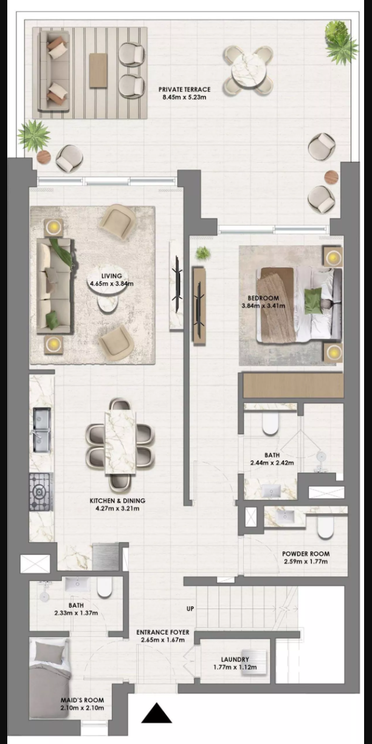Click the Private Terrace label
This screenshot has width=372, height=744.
click(184, 89)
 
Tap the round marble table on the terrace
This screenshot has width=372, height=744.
click(249, 70)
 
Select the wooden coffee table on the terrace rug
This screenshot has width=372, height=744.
click(98, 70)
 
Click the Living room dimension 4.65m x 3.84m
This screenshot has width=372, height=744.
click(112, 284)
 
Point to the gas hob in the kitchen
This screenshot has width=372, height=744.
click(41, 492)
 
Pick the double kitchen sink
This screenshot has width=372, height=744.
click(42, 430)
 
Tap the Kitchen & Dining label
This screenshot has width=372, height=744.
click(117, 500)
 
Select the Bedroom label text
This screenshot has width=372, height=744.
click(263, 298)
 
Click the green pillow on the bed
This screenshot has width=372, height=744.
click(313, 301)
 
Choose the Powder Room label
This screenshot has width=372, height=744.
click(306, 554)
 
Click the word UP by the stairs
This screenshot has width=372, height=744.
click(190, 609)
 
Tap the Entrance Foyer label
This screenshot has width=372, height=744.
click(162, 632)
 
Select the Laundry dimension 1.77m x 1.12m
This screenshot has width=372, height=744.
click(235, 667)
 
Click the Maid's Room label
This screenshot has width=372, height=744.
click(82, 700)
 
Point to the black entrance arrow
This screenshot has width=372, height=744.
click(157, 713)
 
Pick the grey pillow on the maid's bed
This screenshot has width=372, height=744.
click(49, 653)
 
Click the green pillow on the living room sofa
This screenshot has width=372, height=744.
click(52, 320)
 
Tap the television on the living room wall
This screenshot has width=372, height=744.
click(176, 285)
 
